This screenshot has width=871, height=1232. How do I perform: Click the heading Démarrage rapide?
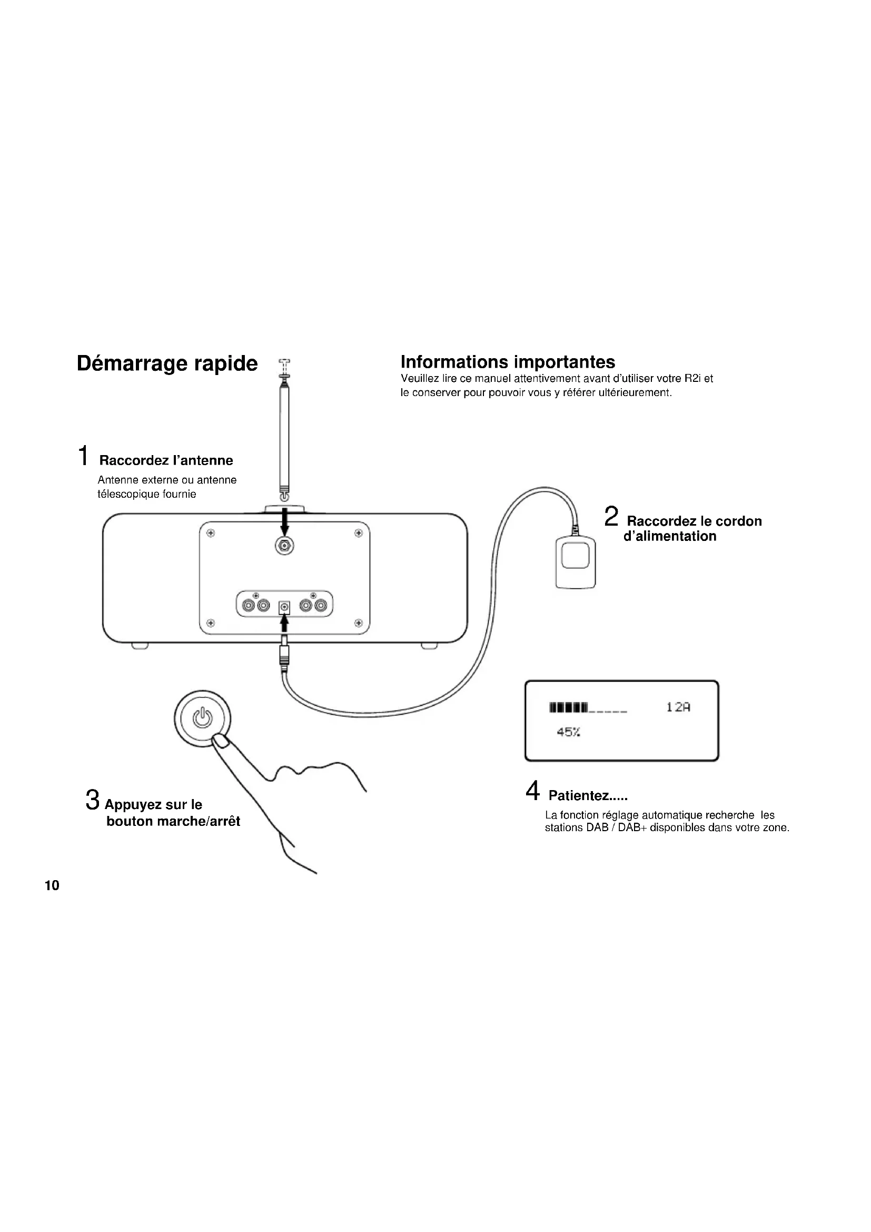(x=167, y=364)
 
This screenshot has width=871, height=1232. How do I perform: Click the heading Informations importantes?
(x=507, y=362)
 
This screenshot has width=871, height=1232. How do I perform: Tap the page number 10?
(x=52, y=886)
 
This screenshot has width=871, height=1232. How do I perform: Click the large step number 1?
(x=83, y=456)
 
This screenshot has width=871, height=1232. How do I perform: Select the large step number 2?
(x=611, y=517)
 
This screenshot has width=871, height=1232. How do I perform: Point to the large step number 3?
(x=92, y=800)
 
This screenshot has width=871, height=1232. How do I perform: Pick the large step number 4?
(x=532, y=792)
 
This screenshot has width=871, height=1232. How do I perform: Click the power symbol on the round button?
(x=203, y=717)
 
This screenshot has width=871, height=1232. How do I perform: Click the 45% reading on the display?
(x=568, y=733)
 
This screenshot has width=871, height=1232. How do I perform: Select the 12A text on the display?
(x=678, y=707)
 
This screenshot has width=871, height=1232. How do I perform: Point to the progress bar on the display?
(x=588, y=708)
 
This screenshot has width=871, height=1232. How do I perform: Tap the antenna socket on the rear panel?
(x=284, y=547)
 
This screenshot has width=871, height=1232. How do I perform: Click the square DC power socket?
(x=284, y=607)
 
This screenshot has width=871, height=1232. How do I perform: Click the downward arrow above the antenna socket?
(x=285, y=520)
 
